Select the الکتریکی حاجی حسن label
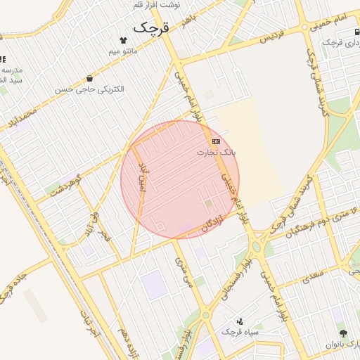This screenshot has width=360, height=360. [89, 89]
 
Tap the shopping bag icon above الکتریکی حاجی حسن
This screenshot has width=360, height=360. [89, 79]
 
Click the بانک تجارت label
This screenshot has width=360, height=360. [217, 152]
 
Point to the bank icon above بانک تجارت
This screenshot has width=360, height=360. [215, 141]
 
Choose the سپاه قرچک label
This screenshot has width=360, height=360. [240, 330]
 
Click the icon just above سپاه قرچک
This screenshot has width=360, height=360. [240, 320]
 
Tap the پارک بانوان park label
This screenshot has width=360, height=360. [342, 345]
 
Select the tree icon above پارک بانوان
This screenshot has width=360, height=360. [343, 333]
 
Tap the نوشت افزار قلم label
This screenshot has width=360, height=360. [156, 4]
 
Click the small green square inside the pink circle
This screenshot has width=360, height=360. [208, 204]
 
